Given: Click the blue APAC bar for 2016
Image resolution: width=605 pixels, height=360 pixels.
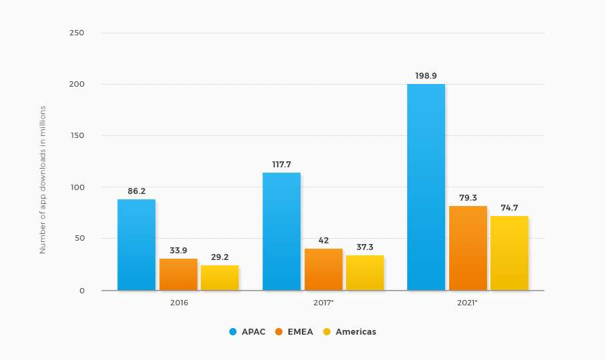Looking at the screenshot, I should pos(136,245).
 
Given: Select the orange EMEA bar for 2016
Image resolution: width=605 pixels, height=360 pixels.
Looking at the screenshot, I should pos(178,274).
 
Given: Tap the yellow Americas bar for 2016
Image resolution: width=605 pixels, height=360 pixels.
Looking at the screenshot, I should pos(219,277).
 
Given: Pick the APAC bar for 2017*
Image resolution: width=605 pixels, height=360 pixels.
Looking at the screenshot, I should pos(281,231).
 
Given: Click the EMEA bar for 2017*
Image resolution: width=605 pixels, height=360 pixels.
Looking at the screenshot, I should pos(323,269).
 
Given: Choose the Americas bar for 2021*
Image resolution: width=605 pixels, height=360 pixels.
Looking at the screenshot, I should pos(509,253).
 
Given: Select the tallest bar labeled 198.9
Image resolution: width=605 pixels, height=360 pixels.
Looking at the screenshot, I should pos(426,187).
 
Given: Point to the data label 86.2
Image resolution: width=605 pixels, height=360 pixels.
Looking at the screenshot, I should pos(137,191).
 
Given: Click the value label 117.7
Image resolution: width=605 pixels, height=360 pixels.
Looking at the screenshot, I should pos(281,164).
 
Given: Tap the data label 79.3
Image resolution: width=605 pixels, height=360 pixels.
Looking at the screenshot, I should pos(468,197).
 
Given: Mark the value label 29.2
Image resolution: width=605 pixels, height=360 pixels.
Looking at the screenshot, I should pos(220,257).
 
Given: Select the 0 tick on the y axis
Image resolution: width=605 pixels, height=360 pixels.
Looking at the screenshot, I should pos(81,291).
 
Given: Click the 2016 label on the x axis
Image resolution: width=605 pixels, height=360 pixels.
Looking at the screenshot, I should pos(179,303).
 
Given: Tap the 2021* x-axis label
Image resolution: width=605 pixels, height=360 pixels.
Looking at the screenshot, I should pos(468,303).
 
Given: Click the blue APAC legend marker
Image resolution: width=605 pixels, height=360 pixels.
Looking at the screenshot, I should pos(233,331).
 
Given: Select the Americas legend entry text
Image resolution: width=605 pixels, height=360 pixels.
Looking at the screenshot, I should pos(356,331).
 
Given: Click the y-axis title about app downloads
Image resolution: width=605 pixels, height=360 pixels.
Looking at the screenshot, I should pos(43,179).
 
